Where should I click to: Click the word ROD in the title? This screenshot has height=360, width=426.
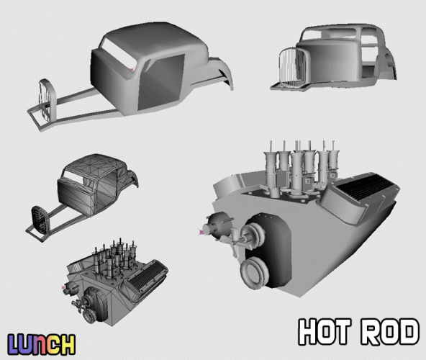(390, 332)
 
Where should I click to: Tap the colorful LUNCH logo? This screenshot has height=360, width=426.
(41, 344)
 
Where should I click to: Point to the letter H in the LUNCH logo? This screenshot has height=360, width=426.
(67, 344)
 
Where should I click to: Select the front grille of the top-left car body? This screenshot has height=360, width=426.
(46, 100)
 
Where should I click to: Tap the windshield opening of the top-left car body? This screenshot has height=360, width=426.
(119, 54)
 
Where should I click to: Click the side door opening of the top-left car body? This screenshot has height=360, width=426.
(161, 82)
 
